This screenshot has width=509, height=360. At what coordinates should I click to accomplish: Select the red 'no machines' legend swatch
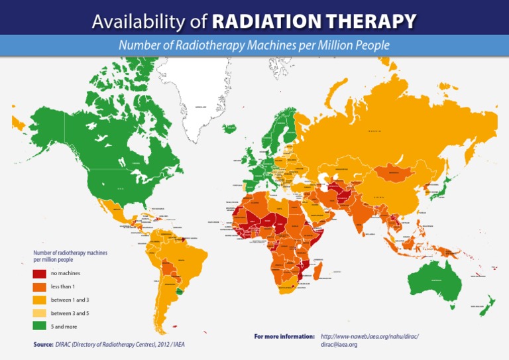(x=39, y=273)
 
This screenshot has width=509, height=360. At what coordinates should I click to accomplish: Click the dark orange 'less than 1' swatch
(x=39, y=286)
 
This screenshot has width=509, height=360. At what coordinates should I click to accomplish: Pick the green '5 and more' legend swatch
(x=39, y=326)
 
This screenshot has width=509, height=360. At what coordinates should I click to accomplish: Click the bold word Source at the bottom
(x=43, y=345)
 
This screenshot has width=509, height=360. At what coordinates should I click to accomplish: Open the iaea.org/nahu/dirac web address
(x=370, y=337)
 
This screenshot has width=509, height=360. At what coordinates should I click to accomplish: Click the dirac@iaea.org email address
(x=339, y=345)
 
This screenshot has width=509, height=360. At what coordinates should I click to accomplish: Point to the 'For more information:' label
(x=284, y=337)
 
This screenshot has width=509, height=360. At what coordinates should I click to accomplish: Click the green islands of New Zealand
(x=488, y=305)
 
